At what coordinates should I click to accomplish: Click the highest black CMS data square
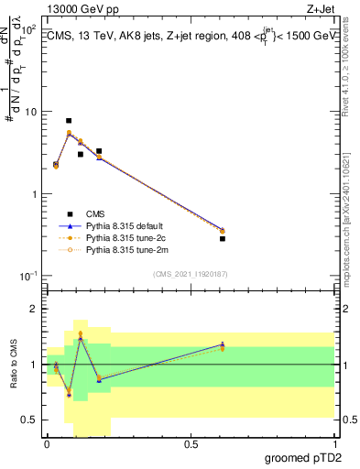click(x=69, y=121)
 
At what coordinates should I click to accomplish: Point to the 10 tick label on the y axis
click(x=31, y=112)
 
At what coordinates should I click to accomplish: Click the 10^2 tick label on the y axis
click(x=29, y=30)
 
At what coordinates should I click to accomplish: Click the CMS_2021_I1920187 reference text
click(x=190, y=272)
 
